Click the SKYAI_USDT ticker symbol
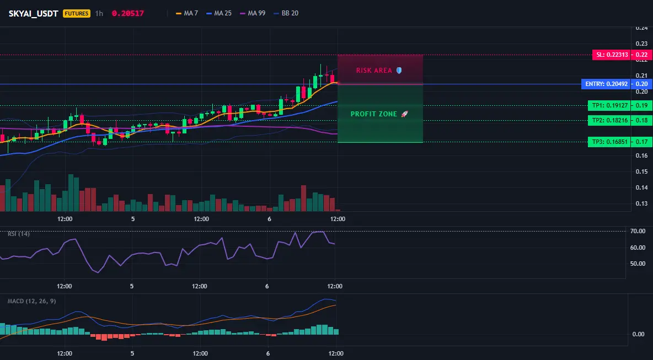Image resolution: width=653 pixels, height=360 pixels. (33, 13)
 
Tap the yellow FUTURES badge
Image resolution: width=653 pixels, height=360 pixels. (77, 13)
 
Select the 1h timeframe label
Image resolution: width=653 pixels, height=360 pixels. (99, 13)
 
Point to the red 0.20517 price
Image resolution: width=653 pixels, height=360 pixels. (128, 13)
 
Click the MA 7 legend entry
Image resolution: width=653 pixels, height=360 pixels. (187, 13)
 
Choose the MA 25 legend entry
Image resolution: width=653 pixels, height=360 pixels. (219, 13)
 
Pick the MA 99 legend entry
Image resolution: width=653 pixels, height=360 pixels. (253, 13)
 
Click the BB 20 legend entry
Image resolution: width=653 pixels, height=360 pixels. (286, 13)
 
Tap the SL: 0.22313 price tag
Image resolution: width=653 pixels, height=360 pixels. (611, 55)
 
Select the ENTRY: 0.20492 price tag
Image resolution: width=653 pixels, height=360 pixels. (606, 84)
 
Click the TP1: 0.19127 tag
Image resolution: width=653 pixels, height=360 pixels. (609, 105)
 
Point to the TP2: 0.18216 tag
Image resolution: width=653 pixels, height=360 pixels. (609, 120)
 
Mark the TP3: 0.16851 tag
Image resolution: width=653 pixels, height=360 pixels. (609, 142)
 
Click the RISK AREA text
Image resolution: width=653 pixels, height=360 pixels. (374, 71)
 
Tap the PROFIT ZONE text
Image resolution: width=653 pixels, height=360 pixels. (373, 114)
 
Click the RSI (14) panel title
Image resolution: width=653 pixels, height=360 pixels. (19, 234)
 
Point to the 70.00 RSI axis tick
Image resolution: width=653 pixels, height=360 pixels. (638, 231)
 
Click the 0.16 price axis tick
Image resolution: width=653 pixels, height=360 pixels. (641, 155)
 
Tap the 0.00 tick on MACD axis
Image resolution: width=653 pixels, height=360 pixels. (639, 334)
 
